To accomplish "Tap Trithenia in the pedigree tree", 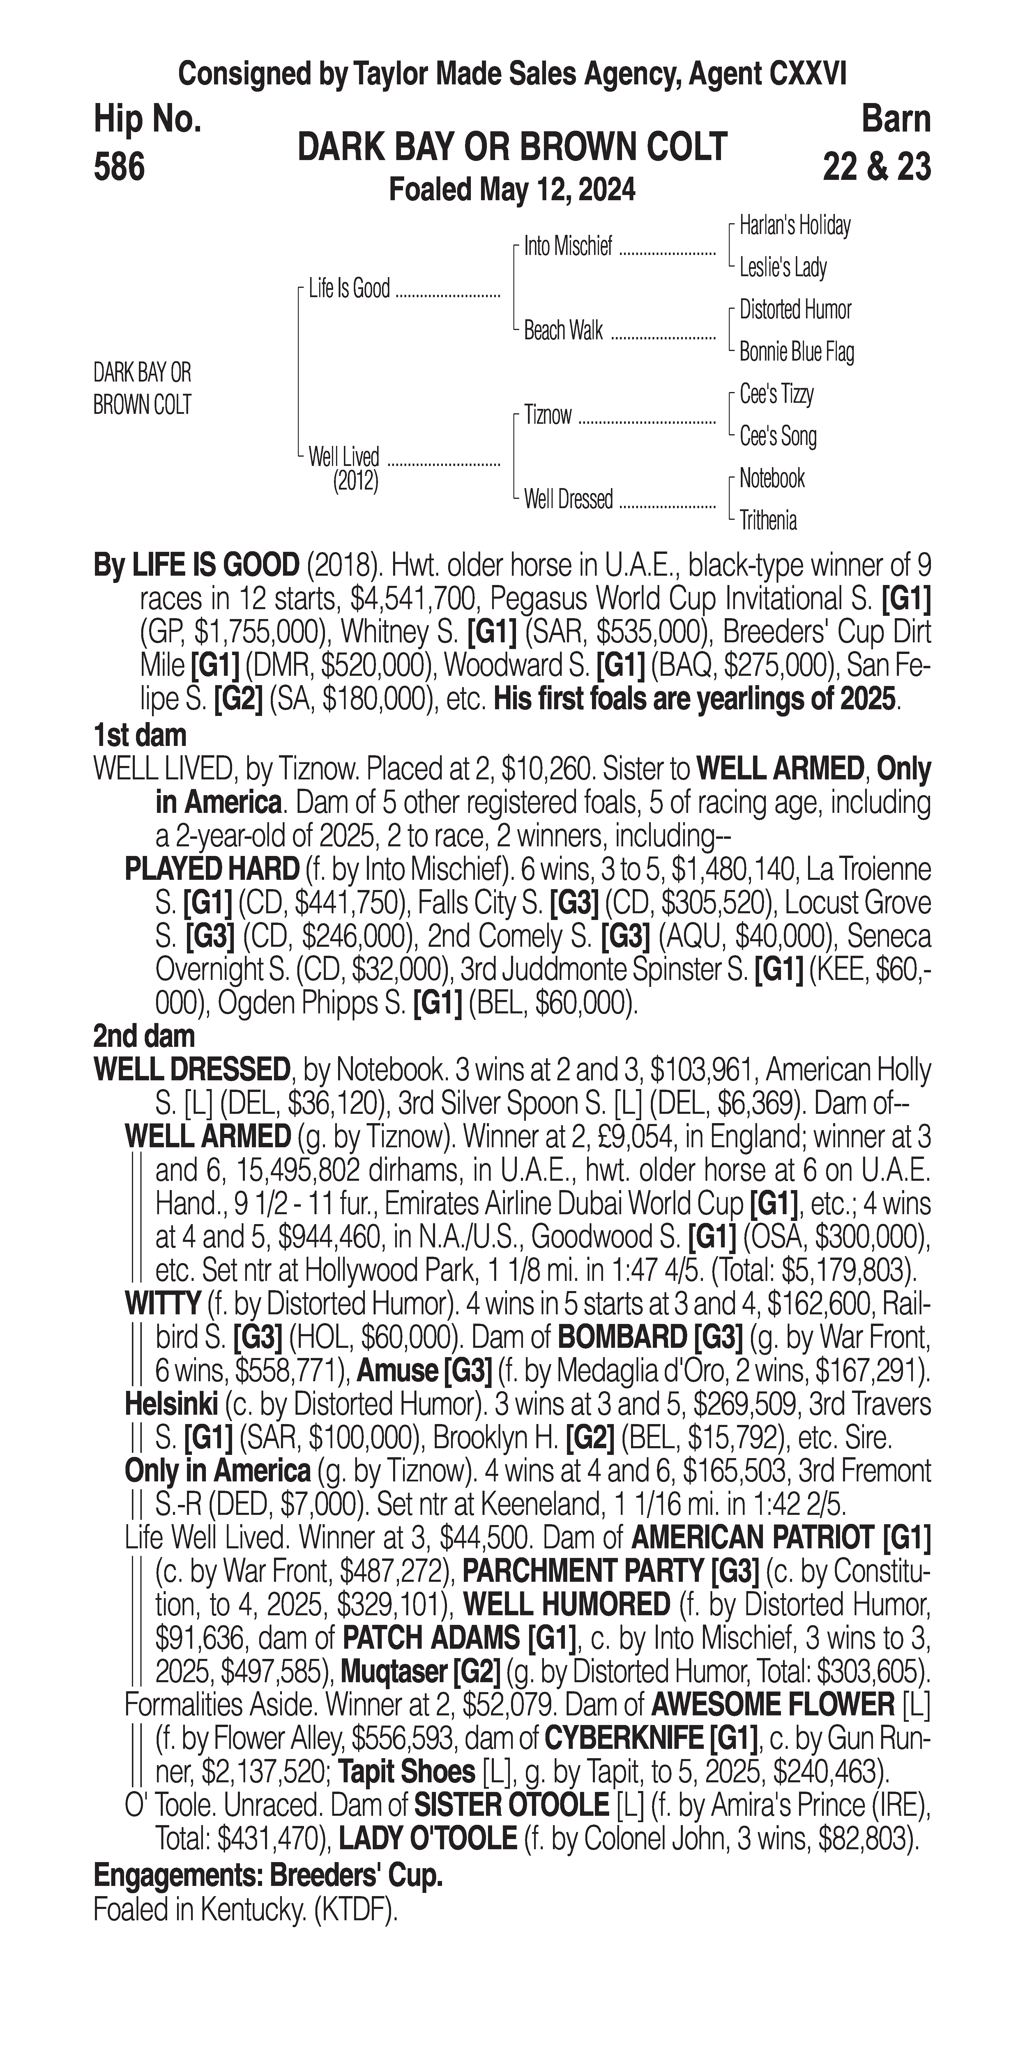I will [768, 520].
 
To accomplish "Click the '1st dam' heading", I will [140, 735].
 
